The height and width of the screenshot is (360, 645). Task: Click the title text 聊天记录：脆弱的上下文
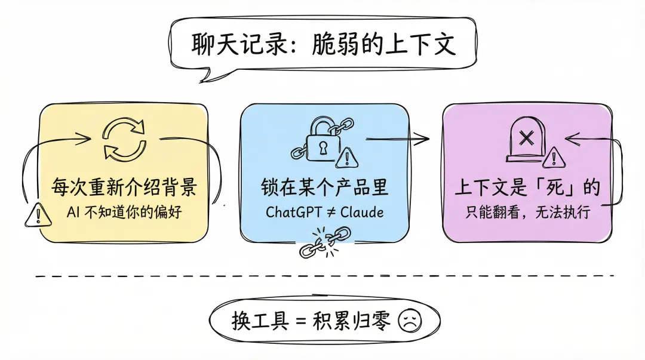[x=323, y=44]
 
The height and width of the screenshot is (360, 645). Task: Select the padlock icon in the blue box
[x=323, y=140]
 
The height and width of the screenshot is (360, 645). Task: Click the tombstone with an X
[x=527, y=139]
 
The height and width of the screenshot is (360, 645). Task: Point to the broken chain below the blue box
[x=325, y=242]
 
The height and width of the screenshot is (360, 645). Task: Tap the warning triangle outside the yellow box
[x=38, y=215]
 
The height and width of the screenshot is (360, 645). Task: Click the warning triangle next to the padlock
[x=347, y=158]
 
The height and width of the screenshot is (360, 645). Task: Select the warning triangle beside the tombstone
[x=554, y=158]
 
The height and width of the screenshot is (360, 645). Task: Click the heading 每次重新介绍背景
[x=124, y=187]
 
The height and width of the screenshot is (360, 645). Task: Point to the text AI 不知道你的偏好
[x=124, y=213]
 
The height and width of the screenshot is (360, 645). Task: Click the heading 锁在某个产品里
[x=324, y=187]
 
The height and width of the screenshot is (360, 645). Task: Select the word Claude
[x=362, y=213]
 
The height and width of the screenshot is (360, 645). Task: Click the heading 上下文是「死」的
[x=527, y=187]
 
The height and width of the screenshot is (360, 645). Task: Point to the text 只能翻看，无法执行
[x=528, y=213]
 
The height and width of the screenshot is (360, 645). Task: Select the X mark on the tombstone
[x=526, y=139]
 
